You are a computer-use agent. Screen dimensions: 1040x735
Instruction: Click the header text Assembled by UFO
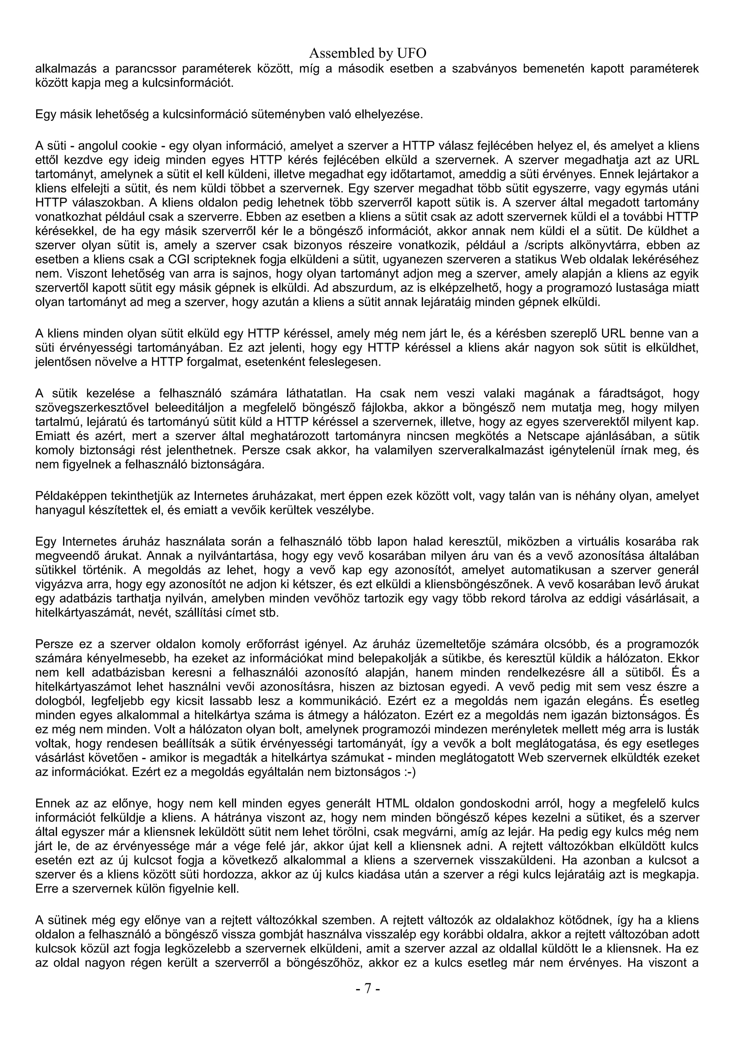[367, 53]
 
